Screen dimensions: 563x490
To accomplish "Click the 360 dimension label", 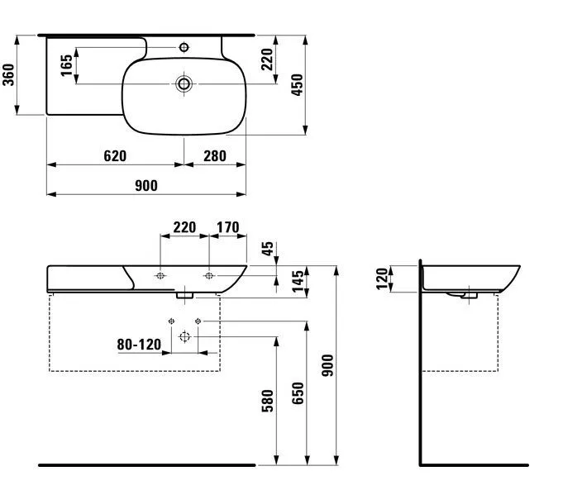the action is coord(8,74).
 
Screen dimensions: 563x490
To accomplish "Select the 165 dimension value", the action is coord(66,65).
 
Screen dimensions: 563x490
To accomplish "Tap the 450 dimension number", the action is coord(298,85).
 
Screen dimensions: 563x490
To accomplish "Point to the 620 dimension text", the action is coord(115,156).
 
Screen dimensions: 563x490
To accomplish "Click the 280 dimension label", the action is coord(215,156).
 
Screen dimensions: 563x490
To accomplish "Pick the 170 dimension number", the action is coord(228,227).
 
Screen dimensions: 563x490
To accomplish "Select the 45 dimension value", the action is coord(268,249).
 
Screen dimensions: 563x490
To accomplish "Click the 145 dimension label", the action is coord(298,282).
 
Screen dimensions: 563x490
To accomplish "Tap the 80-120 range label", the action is coord(139,345).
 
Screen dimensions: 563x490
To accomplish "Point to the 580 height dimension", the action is coord(268,401).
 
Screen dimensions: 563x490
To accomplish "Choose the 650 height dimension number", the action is coord(298,393).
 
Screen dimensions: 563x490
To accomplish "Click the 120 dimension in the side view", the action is coord(383,278).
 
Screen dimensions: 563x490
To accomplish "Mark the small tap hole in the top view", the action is coord(184,47).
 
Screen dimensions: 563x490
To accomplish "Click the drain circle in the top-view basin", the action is coord(184,84).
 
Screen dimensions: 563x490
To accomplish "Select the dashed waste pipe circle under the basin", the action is coord(184,336).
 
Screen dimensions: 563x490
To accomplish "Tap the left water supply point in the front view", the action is coord(171,321).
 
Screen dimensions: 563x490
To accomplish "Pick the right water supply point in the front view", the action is coord(198,321).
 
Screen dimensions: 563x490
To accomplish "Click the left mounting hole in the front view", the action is coord(160,276).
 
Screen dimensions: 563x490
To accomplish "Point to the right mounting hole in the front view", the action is coord(209,276).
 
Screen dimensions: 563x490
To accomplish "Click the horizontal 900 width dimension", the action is coord(146,186).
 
